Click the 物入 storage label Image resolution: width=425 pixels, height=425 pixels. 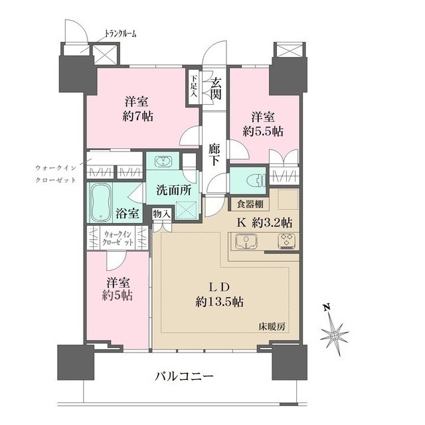161,214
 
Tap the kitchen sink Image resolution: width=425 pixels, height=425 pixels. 245,242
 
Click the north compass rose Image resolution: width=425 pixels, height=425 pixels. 333,333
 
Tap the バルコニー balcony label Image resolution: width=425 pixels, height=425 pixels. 184,377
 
